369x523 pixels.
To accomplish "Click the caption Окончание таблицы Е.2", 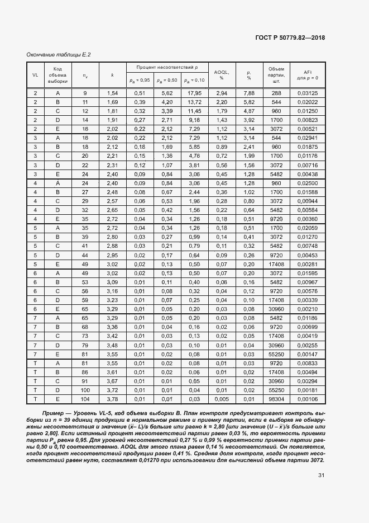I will click(59, 54).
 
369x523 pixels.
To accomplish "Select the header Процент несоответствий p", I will click(167, 67).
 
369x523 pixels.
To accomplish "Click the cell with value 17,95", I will click(194, 93).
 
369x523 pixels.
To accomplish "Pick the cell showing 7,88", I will click(249, 93).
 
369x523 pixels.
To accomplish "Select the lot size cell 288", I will click(276, 93).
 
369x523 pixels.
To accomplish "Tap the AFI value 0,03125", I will click(308, 93).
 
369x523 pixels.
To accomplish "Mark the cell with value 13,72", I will click(194, 102).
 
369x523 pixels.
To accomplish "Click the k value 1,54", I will click(112, 93).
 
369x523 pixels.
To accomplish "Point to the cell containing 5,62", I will click(167, 93).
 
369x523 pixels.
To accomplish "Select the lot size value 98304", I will click(276, 399).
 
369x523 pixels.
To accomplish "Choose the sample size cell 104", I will click(85, 399).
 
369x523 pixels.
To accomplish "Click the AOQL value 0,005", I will click(222, 399).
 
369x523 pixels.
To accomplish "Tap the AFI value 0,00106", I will click(308, 399).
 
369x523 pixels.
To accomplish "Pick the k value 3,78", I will click(112, 399).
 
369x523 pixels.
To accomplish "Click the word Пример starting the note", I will click(46, 413).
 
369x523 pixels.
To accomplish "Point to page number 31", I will click(321, 475).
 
